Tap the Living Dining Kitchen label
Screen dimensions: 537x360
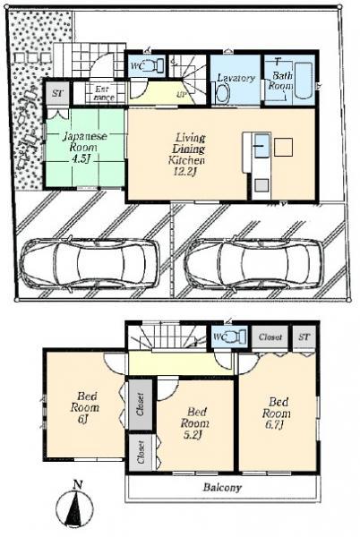pos(189,149)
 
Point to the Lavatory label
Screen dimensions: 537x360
pos(236,78)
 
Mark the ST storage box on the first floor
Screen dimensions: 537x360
pos(57,93)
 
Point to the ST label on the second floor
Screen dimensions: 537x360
pos(304,338)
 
